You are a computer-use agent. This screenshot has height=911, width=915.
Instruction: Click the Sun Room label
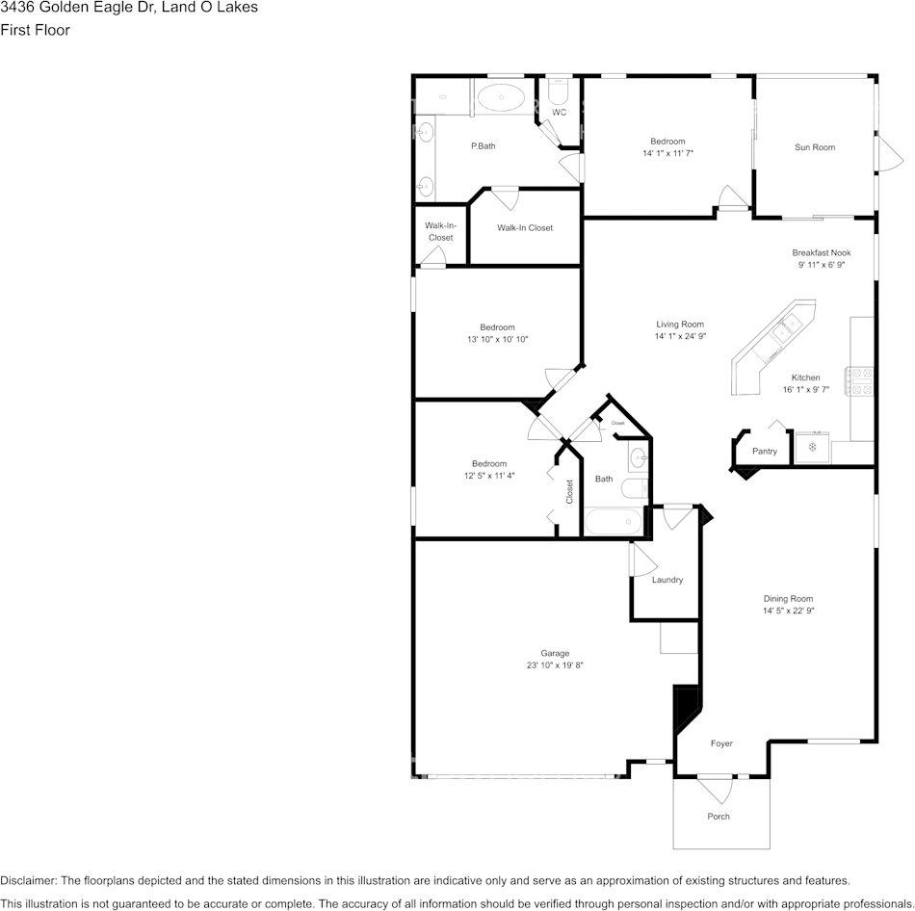(x=815, y=147)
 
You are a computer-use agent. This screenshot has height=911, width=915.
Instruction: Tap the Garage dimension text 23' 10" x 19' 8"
(x=555, y=665)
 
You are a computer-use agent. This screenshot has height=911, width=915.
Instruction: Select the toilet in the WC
(x=559, y=92)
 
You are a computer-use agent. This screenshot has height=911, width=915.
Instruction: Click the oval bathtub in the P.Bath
(x=501, y=97)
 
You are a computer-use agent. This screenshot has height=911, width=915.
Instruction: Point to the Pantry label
(x=765, y=452)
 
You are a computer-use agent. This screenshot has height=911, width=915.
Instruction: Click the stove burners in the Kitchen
(x=859, y=380)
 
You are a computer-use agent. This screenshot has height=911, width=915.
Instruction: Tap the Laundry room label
(x=667, y=580)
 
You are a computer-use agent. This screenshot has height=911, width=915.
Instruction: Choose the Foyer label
(x=721, y=743)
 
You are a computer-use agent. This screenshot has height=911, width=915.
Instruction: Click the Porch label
(x=719, y=817)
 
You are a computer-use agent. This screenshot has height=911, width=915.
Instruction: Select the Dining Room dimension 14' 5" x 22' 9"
(x=789, y=612)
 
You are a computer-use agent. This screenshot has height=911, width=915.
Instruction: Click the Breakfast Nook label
(x=821, y=252)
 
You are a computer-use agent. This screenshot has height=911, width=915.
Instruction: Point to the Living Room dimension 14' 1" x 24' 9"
(x=680, y=336)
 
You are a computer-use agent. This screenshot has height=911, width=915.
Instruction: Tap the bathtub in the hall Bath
(x=614, y=521)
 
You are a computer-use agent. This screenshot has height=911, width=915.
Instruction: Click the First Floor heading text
(x=35, y=30)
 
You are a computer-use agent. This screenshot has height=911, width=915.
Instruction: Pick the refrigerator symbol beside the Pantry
(x=812, y=448)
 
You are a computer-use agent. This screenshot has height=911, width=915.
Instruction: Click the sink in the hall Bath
(x=638, y=457)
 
